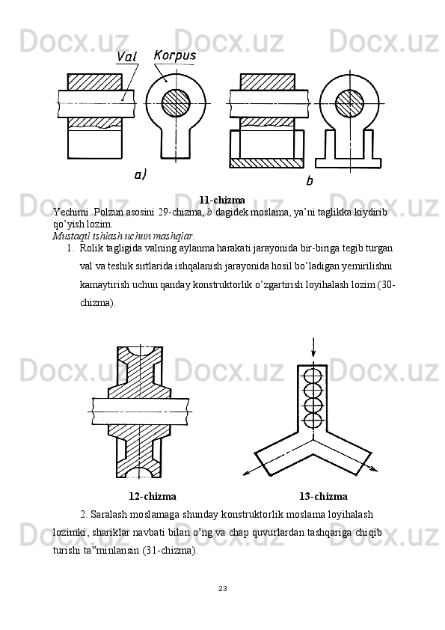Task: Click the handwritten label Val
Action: (x=126, y=57)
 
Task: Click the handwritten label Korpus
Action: (x=175, y=55)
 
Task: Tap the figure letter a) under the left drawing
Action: (x=140, y=174)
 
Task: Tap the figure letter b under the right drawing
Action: (x=309, y=181)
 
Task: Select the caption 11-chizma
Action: (x=222, y=200)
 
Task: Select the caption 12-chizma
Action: (x=153, y=496)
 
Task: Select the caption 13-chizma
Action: (x=323, y=496)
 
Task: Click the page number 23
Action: (x=223, y=589)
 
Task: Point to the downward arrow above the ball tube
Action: (x=313, y=347)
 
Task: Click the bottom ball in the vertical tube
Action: (x=313, y=420)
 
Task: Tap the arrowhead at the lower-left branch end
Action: (x=246, y=474)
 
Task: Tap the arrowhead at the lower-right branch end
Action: (x=374, y=469)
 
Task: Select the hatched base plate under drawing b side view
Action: (x=266, y=162)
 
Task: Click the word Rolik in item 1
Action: (x=88, y=248)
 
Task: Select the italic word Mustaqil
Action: (x=66, y=235)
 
